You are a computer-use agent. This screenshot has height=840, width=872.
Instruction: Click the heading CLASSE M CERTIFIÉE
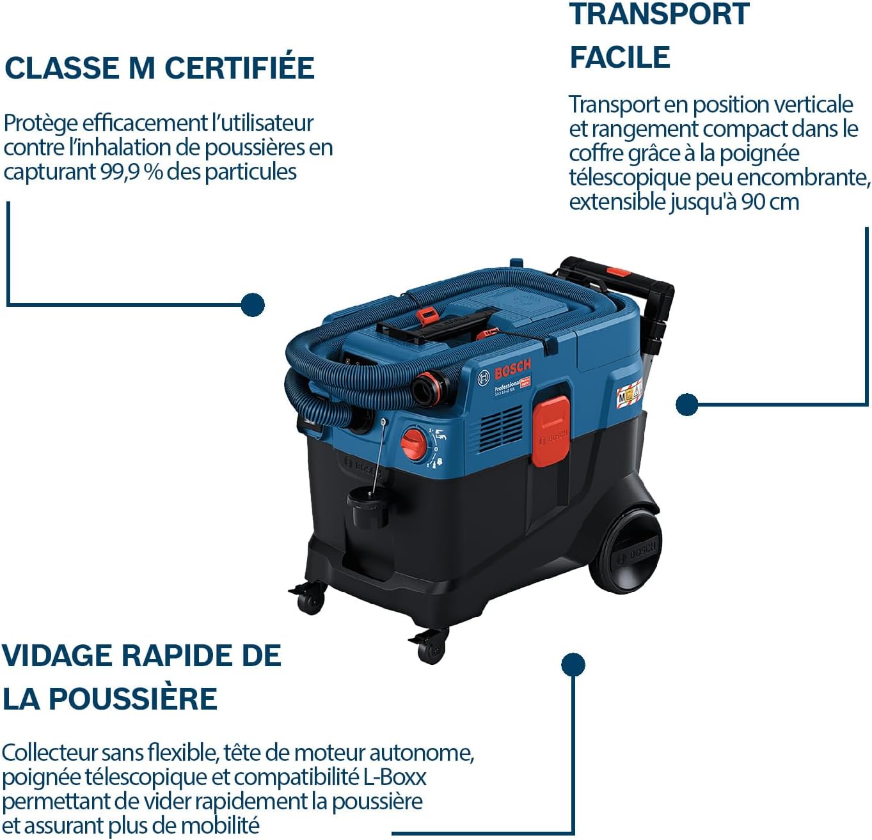click(x=159, y=68)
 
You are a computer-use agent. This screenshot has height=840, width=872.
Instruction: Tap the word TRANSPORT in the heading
click(x=659, y=14)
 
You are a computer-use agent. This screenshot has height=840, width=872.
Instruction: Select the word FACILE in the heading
click(x=619, y=57)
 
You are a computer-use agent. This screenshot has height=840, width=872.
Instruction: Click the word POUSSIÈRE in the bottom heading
click(x=133, y=698)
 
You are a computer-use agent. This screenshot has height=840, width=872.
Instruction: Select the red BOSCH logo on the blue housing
click(x=512, y=369)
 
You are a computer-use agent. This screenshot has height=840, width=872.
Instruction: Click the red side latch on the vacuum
click(x=550, y=430)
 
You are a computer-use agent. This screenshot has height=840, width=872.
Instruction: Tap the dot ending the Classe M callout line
click(x=253, y=305)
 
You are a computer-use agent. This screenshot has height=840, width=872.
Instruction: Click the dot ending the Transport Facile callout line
click(x=686, y=404)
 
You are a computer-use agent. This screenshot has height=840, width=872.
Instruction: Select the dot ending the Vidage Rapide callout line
click(x=573, y=665)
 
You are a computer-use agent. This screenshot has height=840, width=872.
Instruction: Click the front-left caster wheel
click(x=310, y=600)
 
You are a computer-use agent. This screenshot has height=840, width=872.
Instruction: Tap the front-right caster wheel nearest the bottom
click(x=431, y=648)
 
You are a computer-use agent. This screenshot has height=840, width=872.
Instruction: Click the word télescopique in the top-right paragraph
click(x=630, y=178)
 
